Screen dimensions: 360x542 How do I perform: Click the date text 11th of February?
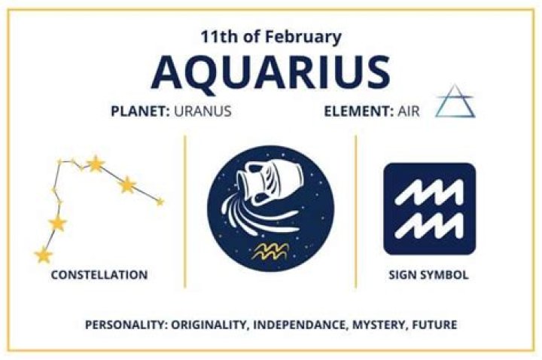pyautogui.click(x=271, y=36)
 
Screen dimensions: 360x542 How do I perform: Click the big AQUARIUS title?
pyautogui.click(x=271, y=72)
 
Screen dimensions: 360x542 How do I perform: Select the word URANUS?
pyautogui.click(x=202, y=111)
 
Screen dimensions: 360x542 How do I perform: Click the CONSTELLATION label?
pyautogui.click(x=99, y=275)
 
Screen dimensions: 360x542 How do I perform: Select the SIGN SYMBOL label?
pyautogui.click(x=429, y=275)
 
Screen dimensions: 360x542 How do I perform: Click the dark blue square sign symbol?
pyautogui.click(x=429, y=208)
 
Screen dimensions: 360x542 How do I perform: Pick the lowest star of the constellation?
pyautogui.click(x=43, y=255)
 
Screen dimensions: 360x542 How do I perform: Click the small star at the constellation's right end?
pyautogui.click(x=160, y=201)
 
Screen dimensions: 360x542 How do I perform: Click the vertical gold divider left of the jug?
pyautogui.click(x=184, y=211)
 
